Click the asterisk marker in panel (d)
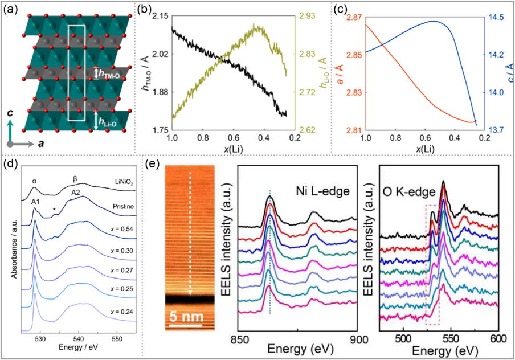55,211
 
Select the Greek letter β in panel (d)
75,181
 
